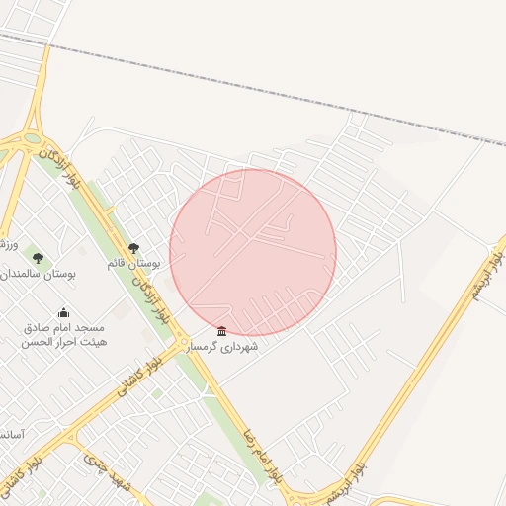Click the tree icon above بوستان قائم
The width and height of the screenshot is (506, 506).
coord(134,248)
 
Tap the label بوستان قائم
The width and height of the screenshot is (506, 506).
coord(133,264)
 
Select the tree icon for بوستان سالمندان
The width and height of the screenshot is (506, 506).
coord(38,258)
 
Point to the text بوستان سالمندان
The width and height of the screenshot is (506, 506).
coord(37,273)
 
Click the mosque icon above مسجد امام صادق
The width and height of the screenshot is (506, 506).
coord(64,313)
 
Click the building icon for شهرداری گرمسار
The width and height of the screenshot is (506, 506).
coord(221,331)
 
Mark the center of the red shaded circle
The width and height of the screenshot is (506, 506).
coord(253,253)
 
